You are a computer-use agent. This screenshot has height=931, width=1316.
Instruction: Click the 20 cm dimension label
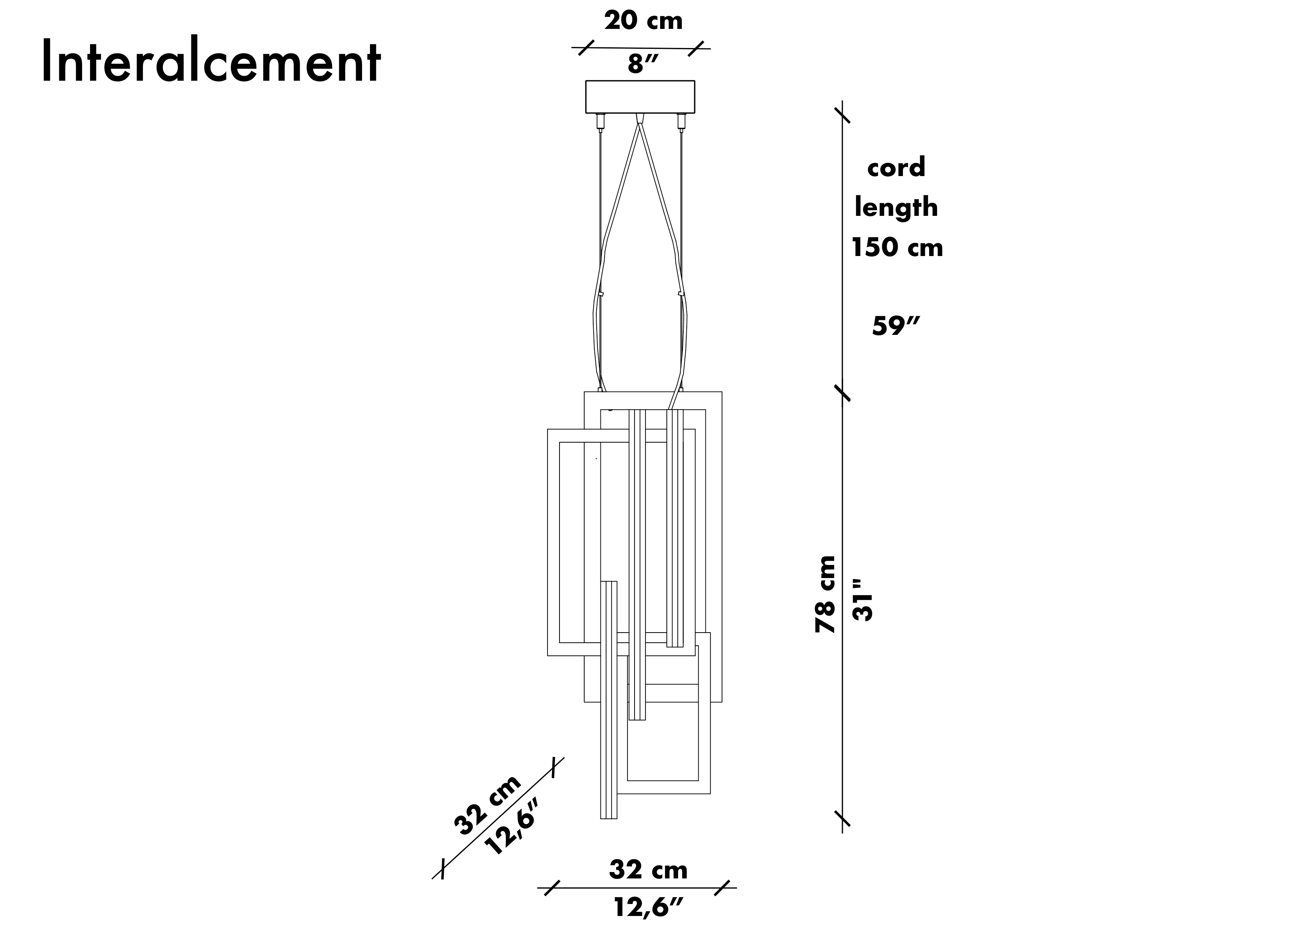(x=643, y=21)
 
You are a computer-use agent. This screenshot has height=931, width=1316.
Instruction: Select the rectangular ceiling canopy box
(x=640, y=97)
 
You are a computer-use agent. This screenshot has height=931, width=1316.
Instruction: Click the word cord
(x=896, y=167)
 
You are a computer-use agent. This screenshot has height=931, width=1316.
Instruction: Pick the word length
(x=896, y=208)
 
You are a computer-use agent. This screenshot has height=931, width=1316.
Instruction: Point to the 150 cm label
(x=897, y=248)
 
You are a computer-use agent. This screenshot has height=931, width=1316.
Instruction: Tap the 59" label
(x=895, y=327)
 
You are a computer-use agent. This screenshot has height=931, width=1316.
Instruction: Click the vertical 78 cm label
(x=826, y=594)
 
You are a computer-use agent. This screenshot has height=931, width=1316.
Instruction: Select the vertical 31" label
(x=863, y=600)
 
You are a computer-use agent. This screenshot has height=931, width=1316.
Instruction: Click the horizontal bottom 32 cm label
(x=648, y=870)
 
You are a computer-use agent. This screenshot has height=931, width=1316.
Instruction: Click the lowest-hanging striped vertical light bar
(x=609, y=705)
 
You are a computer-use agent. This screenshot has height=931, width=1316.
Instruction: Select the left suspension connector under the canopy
(x=601, y=122)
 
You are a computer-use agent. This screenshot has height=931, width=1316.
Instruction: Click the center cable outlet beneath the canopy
(x=640, y=118)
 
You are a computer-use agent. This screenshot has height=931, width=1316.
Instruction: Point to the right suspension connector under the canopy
(x=681, y=122)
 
